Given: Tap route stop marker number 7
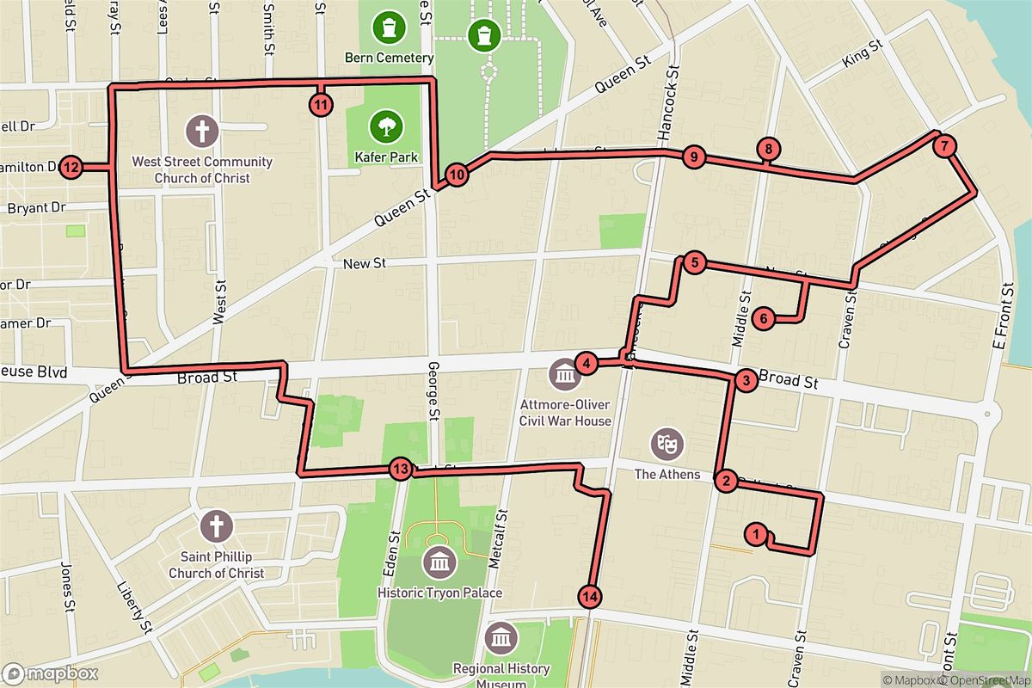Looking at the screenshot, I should [944, 146].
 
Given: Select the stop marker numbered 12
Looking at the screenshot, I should [71, 168].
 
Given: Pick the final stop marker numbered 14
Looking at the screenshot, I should [589, 596].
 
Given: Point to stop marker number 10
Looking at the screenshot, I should [458, 175].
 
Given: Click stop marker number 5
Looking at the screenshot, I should [695, 263].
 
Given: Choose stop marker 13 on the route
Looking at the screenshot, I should [400, 470].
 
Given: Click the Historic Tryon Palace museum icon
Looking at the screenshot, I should [439, 562].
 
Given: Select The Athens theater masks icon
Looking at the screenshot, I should [665, 444].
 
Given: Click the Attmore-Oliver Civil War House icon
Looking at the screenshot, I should [565, 375].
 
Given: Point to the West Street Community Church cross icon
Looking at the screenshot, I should [202, 132].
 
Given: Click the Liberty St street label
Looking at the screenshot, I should [135, 606].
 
